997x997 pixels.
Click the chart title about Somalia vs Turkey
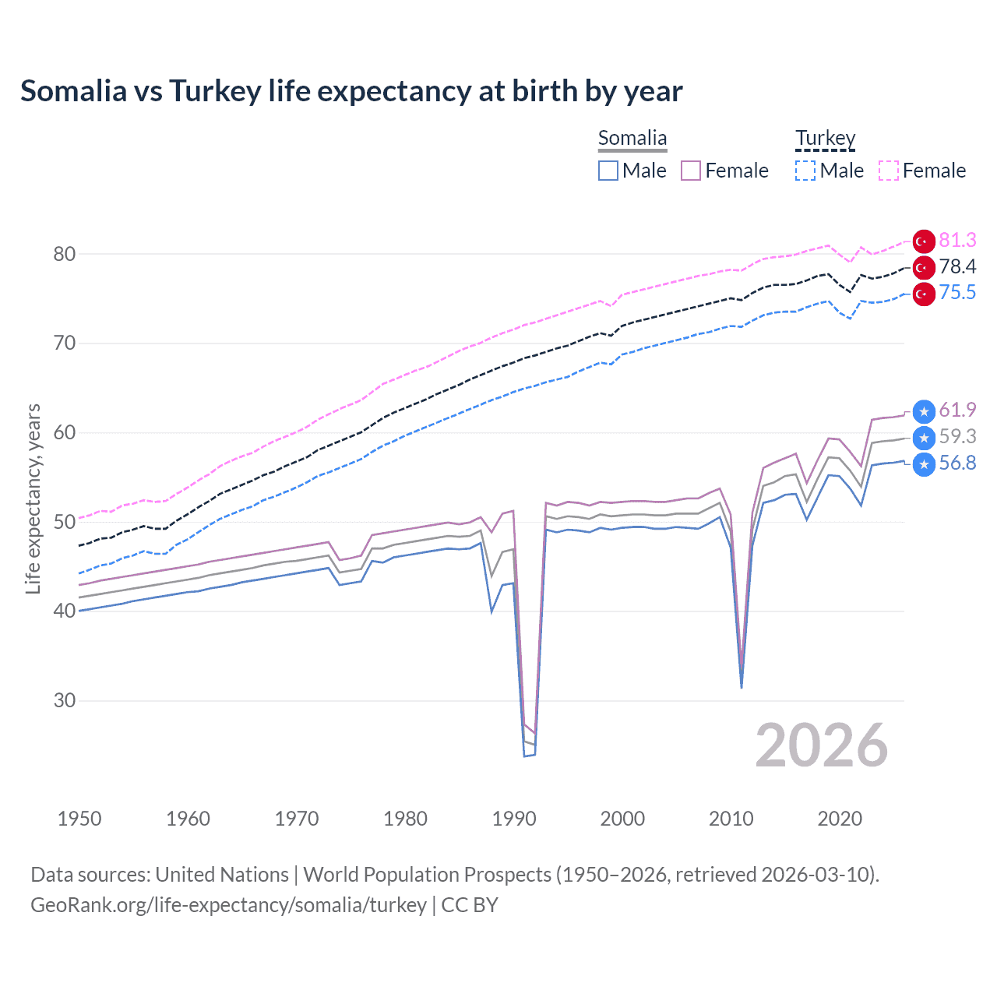coord(351,91)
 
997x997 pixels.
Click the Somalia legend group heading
coord(632,138)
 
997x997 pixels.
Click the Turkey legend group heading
coord(825,138)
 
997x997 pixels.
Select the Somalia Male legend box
coord(608,171)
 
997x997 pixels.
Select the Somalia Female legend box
coord(691,171)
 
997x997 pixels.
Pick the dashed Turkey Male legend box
coord(805,171)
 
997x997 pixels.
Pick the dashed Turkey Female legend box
coord(889,171)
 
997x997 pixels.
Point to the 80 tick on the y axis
coord(65,254)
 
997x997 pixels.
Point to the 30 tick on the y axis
coord(65,700)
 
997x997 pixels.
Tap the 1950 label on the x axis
coord(79,819)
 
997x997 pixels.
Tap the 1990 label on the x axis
coord(514,819)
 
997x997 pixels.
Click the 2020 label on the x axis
coord(840,819)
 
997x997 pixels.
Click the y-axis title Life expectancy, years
coord(33,498)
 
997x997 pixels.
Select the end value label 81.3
coord(957,240)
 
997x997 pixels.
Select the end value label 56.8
coord(957,463)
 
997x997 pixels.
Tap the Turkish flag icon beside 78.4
coord(924,268)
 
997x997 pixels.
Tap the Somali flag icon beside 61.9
coord(924,411)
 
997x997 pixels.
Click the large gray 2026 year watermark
coord(821,745)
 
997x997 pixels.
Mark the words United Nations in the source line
coord(222,875)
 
